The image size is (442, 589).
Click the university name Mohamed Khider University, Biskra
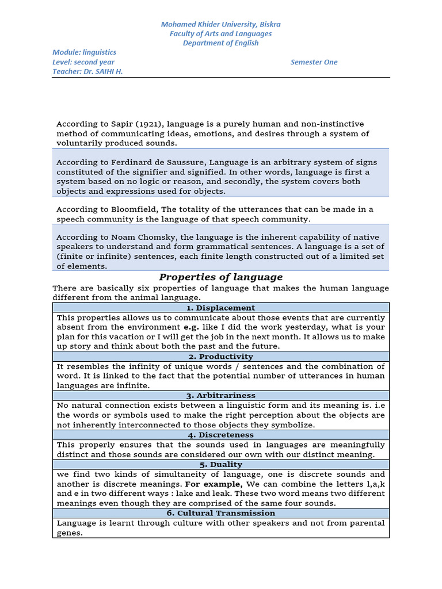coord(221,24)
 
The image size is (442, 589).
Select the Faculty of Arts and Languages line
coord(221,33)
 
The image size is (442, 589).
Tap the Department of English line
coord(221,43)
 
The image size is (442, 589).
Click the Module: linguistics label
coord(85,52)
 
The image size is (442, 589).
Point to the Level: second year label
coord(83,62)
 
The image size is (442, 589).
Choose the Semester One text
coord(314,62)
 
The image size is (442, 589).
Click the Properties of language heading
coord(221,277)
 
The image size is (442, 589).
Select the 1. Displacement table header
coord(220,308)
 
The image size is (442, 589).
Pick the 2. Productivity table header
coord(220,357)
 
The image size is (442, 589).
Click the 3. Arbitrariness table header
coord(220,396)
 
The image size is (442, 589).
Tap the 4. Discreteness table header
coord(220,435)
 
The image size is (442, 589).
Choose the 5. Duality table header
coord(220,464)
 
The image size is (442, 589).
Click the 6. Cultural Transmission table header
coord(220,513)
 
